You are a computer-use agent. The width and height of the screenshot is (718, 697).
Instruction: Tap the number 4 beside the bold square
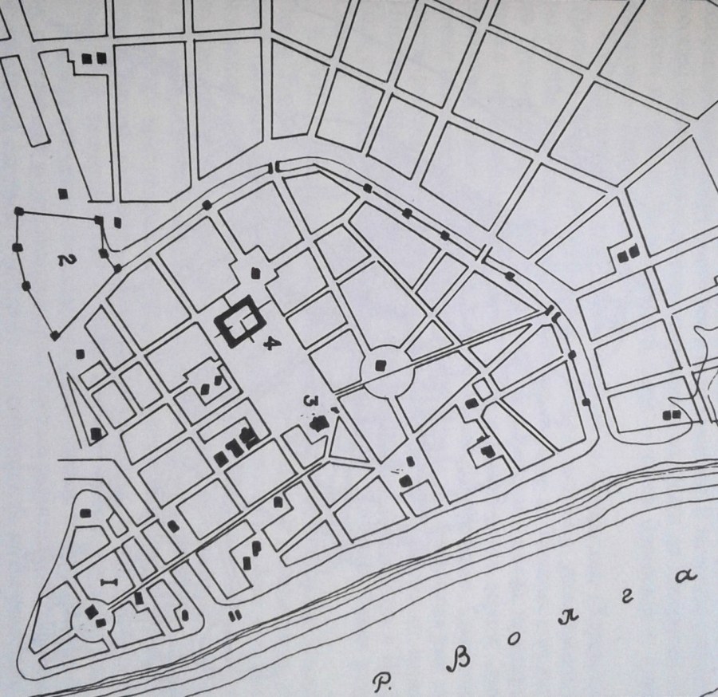[272, 344]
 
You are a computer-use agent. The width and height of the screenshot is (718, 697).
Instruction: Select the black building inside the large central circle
[381, 365]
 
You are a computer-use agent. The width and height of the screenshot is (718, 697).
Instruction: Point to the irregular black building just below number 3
[321, 423]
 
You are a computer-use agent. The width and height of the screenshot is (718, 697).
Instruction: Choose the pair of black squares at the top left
[93, 57]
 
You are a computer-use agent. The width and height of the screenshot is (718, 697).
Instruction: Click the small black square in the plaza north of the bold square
[255, 272]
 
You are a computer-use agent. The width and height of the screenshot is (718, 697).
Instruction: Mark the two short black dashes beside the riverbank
[235, 616]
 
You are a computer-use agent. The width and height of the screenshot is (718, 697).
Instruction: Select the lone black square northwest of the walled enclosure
[62, 193]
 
